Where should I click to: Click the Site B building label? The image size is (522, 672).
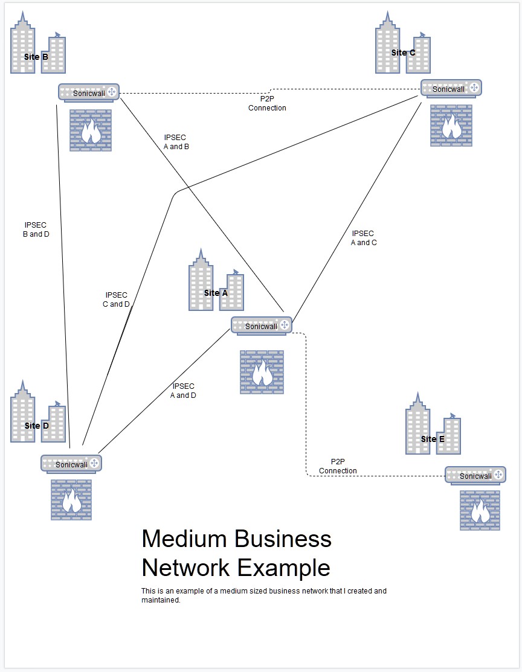tap(36, 57)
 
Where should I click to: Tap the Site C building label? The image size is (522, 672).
tap(403, 53)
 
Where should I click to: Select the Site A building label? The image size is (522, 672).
tap(216, 293)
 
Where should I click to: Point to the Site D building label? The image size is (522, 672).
tap(36, 426)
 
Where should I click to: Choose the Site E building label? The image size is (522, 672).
tap(433, 439)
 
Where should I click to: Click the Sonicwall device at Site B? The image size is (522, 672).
tap(89, 92)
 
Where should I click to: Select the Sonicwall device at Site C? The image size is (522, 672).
tap(451, 88)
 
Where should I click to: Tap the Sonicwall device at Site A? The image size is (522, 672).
tap(261, 325)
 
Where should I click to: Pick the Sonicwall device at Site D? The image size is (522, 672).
tap(71, 464)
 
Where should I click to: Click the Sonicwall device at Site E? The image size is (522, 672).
tap(475, 476)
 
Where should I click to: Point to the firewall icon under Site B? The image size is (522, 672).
tap(91, 130)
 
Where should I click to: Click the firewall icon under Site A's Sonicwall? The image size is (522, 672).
tap(262, 372)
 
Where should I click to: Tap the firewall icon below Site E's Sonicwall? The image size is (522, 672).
tap(480, 510)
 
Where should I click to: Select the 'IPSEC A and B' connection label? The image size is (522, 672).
tap(176, 142)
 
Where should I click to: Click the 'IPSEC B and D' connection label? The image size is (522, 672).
tap(36, 229)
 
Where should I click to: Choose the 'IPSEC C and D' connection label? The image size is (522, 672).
tap(116, 299)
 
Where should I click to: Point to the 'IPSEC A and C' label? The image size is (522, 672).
tap(363, 238)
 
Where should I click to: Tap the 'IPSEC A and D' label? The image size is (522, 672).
tap(183, 391)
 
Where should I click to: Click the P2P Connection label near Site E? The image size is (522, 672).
tap(338, 466)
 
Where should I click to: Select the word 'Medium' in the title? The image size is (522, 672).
tap(184, 539)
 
